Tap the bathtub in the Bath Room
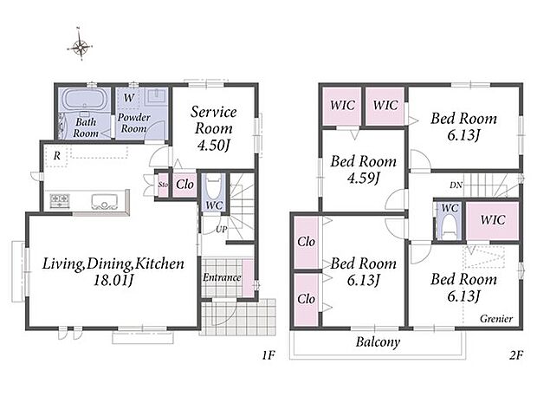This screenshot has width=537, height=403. [85, 99]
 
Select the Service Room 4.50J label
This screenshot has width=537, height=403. [214, 128]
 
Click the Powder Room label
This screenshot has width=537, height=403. [134, 123]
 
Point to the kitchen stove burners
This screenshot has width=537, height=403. [60, 201]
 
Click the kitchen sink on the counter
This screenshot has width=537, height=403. [105, 201]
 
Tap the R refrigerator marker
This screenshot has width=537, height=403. [57, 156]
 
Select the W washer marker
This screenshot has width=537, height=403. [129, 98]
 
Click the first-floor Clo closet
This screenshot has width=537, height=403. [185, 185]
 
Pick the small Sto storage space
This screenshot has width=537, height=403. [163, 185]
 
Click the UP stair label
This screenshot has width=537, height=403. [222, 230]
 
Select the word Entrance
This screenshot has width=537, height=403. [222, 277]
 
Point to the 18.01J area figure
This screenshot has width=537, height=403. [113, 281]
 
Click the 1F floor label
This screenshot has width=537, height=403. [268, 355]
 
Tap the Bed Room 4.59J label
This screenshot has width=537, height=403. [364, 169]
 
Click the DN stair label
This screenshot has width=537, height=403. [456, 185]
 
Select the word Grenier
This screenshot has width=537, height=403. [496, 319]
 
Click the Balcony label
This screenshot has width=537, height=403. [378, 342]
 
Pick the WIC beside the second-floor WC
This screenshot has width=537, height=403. [493, 220]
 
